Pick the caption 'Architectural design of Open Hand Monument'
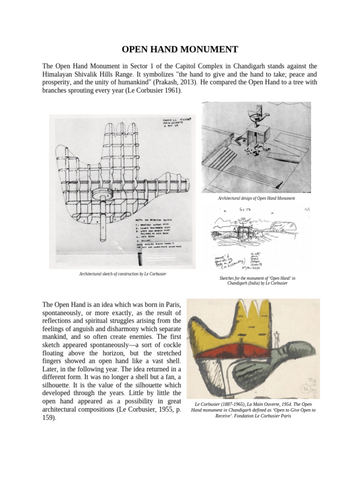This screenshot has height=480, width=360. pyautogui.click(x=256, y=198)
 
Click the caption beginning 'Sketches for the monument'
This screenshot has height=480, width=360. pyautogui.click(x=257, y=281)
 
